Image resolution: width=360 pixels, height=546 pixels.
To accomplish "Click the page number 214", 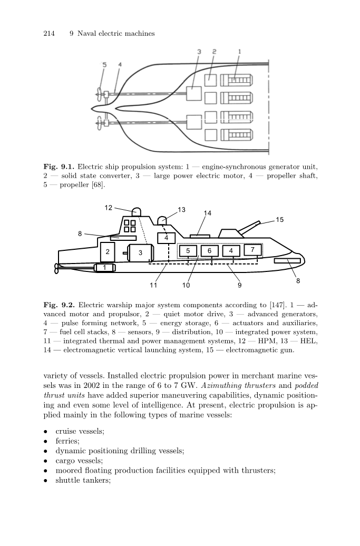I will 48,34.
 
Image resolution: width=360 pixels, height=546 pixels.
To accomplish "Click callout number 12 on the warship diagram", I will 108,208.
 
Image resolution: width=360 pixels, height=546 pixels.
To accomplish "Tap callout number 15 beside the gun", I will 279,219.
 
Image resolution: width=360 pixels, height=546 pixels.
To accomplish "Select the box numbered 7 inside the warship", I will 252,249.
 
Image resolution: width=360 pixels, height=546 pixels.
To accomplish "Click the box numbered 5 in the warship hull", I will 188,250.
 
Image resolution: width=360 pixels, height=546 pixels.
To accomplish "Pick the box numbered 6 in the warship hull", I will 209,250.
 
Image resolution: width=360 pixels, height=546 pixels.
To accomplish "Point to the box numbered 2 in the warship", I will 107,252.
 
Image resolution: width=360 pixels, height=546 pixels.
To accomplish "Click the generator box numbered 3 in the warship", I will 141,253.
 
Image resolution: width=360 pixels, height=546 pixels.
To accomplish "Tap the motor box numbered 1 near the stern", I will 105,268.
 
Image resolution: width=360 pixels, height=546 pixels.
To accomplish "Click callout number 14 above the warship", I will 208,213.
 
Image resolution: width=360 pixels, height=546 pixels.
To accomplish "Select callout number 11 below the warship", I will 153,285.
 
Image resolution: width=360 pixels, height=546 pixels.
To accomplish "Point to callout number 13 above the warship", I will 182,210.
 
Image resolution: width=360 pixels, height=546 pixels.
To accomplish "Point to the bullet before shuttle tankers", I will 47,480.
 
